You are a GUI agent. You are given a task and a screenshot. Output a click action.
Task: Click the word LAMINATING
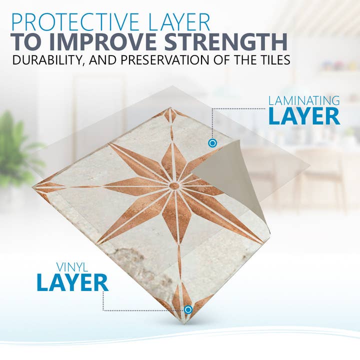click(x=304, y=100)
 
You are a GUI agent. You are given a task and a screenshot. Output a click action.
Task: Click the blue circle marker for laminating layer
click(x=212, y=143)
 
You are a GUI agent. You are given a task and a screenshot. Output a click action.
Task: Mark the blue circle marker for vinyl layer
click(x=188, y=309)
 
